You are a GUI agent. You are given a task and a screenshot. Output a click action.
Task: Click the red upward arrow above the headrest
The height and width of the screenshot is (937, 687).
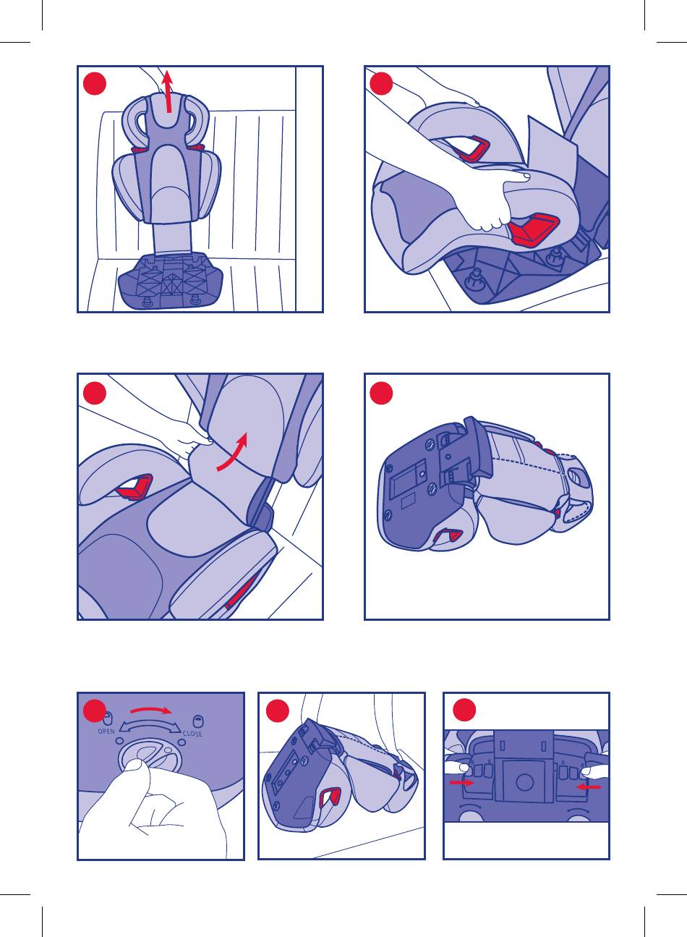coord(168,91)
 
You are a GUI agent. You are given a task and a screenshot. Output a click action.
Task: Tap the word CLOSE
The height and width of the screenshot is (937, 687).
coord(192,734)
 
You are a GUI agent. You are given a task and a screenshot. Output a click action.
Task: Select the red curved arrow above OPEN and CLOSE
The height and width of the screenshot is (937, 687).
coord(151,709)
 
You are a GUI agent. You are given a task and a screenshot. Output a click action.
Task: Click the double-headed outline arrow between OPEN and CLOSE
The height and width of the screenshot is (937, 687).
coord(150,727)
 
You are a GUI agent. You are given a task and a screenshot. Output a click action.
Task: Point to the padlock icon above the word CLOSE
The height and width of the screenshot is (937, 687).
coord(197,721)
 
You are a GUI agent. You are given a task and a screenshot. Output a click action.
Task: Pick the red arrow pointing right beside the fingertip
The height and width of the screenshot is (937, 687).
coord(461,782)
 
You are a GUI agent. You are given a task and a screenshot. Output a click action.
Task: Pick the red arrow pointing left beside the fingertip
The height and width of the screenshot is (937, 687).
coord(589,787)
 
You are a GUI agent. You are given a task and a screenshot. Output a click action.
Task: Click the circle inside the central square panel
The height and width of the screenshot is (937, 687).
coord(524,782)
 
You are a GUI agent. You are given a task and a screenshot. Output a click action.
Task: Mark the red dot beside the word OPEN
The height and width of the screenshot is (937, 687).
coord(95,711)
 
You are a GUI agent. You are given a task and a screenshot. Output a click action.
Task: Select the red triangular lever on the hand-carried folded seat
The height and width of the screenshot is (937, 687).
coord(330,797)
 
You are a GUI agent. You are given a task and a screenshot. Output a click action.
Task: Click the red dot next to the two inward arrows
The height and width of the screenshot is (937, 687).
coord(464,710)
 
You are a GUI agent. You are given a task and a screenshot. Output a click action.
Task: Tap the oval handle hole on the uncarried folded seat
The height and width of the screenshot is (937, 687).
coord(579,478)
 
